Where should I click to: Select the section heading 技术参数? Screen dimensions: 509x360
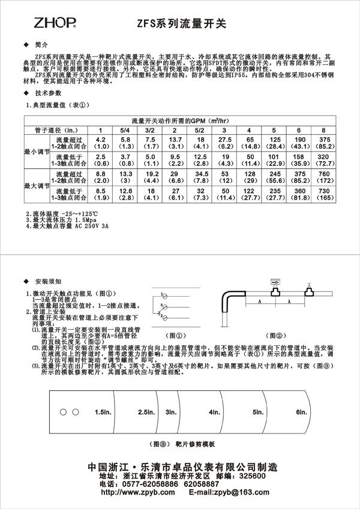pos(49,94)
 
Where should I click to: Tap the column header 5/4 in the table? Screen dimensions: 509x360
pos(125,130)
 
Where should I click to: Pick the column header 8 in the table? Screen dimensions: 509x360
pos(323,130)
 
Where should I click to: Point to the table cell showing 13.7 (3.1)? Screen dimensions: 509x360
pos(175,143)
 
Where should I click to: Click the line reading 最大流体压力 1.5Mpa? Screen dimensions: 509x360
pos(60,222)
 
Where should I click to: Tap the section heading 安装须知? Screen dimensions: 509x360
pos(49,281)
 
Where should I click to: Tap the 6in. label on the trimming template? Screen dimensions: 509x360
pos(301,413)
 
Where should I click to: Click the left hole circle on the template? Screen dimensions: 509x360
pos(63,412)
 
